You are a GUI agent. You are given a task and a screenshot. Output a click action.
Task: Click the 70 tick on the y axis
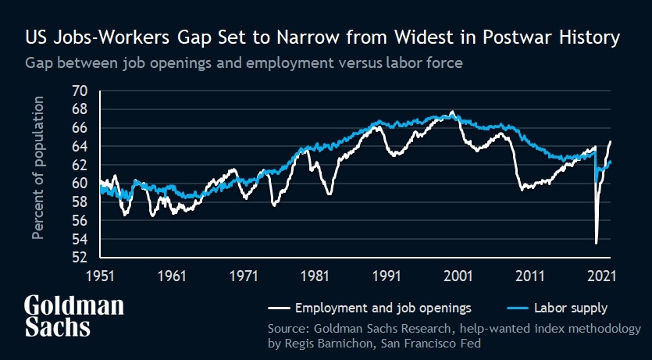point(80,91)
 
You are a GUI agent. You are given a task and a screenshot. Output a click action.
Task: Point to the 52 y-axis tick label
point(80,257)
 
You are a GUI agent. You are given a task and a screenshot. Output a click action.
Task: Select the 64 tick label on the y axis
point(80,146)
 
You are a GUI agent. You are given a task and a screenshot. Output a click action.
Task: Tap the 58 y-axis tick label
point(80,201)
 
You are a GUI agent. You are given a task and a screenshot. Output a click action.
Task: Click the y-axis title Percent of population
point(39,179)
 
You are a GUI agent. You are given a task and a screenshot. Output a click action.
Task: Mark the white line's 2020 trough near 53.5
point(597,243)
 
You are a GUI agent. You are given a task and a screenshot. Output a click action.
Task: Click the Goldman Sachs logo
point(73,315)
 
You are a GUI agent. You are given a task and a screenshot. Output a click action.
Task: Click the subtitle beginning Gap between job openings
point(244,62)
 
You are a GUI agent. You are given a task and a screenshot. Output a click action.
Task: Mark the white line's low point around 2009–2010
point(522,189)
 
